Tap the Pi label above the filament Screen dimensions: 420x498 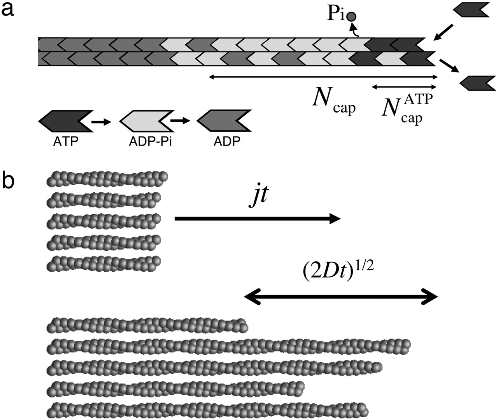[x=335, y=17]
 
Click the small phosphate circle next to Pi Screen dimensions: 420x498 [x=351, y=16]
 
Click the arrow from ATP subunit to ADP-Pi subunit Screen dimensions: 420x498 [x=101, y=121]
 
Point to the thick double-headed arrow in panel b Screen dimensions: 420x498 [x=341, y=297]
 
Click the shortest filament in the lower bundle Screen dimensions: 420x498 [x=148, y=324]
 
